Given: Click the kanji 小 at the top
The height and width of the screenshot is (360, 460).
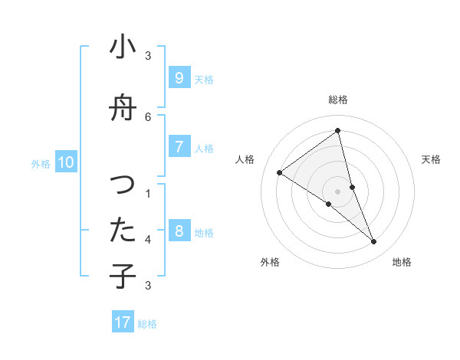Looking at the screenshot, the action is tap(123, 47).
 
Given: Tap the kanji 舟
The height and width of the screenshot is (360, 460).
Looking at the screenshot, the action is tap(123, 109).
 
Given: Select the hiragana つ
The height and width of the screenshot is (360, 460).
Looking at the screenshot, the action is tap(123, 185).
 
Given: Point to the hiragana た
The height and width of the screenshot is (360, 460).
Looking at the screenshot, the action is tap(123, 231).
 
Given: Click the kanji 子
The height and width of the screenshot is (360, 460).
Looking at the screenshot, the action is tap(123, 276).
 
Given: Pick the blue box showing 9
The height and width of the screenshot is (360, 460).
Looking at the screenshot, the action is tap(179, 77).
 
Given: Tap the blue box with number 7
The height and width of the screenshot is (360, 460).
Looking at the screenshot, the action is tap(179, 146).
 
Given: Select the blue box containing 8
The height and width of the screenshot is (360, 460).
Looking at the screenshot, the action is tap(179, 231).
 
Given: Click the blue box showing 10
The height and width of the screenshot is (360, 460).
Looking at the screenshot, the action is tap(66, 162).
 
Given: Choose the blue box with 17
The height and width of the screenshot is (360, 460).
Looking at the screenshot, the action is tap(123, 322).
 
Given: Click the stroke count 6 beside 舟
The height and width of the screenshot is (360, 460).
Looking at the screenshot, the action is tap(148, 116).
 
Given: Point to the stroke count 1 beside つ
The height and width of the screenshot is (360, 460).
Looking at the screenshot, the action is tap(148, 193).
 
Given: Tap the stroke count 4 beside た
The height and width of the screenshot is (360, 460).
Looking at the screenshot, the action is tap(148, 239).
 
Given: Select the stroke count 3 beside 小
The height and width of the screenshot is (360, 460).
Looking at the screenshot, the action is tap(148, 55).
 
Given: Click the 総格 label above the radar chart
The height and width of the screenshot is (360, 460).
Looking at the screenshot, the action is tap(337, 100).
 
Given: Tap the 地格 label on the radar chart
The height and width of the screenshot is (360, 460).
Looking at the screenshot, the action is tap(402, 262).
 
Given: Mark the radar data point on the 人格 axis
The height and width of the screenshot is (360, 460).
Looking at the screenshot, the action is tap(280, 172).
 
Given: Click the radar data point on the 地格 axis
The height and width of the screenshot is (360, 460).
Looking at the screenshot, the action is tap(374, 242).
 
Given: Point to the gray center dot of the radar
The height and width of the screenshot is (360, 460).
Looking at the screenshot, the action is tap(337, 191).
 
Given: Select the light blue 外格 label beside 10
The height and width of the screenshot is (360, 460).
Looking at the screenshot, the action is tap(41, 163).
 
